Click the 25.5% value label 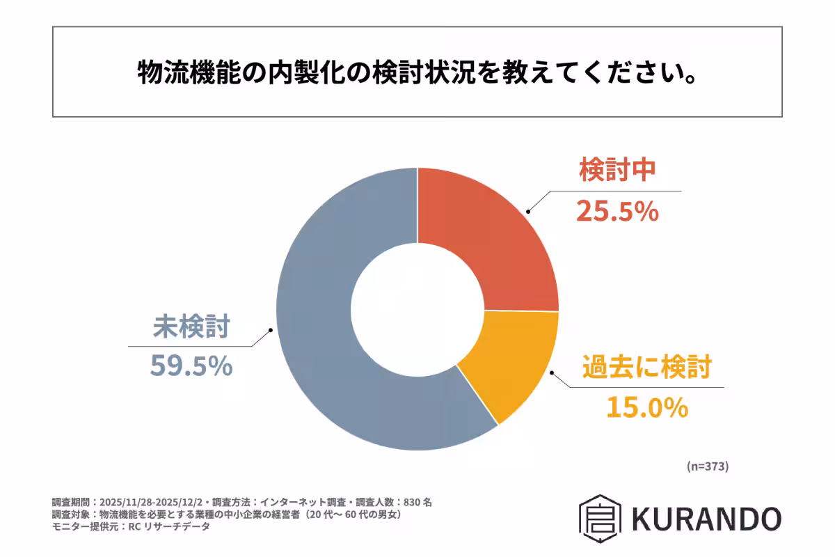point(617,212)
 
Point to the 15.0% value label point(647,407)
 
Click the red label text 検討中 point(617,171)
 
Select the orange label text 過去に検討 point(647,366)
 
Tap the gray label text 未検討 point(191,326)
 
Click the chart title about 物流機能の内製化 point(417,72)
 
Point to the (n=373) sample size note point(707,466)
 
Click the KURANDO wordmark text point(707,519)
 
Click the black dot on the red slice point(528,210)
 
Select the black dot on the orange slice point(552,372)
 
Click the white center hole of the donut point(417,308)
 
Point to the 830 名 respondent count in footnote point(417,502)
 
